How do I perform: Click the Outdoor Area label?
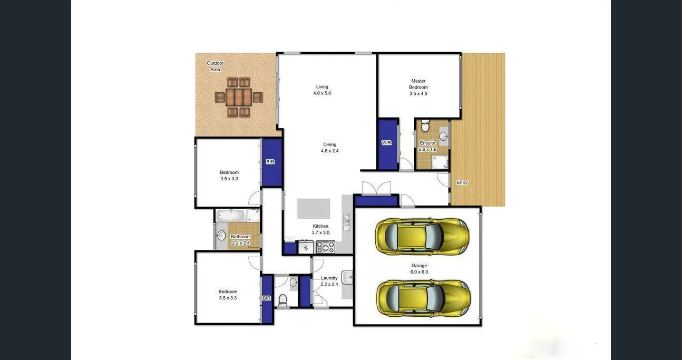click(215, 66)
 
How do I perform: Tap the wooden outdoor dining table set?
click(239, 97)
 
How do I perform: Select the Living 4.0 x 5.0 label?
click(322, 90)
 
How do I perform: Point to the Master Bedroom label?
click(418, 87)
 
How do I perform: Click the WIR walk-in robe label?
click(386, 143)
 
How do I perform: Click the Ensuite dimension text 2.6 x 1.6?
click(427, 150)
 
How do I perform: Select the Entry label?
click(462, 182)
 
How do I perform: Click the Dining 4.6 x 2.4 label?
click(329, 148)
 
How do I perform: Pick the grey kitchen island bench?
click(314, 209)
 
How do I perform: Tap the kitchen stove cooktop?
click(325, 247)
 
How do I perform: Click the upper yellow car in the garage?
click(422, 237)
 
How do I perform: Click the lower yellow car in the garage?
click(423, 298)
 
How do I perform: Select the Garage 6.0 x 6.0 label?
click(419, 269)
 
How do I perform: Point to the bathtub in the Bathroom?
click(231, 215)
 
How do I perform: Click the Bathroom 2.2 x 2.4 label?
click(241, 240)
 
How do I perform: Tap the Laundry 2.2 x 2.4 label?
click(329, 281)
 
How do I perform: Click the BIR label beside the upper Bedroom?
click(270, 162)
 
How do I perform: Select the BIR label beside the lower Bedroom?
click(267, 298)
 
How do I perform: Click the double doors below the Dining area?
click(376, 189)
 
